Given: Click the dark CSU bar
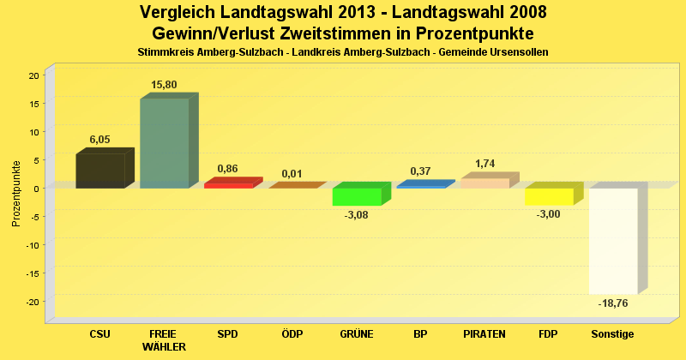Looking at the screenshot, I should [99, 171].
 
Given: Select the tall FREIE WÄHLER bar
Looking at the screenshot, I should [164, 143].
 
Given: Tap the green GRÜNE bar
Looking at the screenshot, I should [357, 196].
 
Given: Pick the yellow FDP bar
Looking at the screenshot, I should [549, 196].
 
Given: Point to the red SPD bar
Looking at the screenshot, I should [228, 184].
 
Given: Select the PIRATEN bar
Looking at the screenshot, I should [484, 183].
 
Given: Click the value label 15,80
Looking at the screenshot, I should [164, 85].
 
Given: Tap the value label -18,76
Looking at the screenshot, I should [612, 303].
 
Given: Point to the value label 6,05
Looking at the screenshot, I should [100, 140].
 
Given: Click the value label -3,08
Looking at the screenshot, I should [356, 215].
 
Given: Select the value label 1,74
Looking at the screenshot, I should [484, 164].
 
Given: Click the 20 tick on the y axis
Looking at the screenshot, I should [34, 75].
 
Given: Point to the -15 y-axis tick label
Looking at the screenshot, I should [32, 273].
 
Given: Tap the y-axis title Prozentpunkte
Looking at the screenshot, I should [16, 193].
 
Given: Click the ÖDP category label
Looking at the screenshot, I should [292, 333].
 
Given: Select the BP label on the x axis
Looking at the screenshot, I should [420, 333].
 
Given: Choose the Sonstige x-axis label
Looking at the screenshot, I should [612, 333].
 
